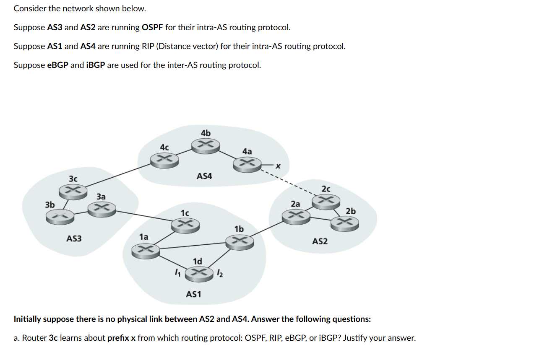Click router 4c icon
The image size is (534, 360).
tap(164, 159)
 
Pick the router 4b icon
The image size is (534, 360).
tap(206, 145)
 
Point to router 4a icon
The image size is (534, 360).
tap(247, 163)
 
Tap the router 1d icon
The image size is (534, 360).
tap(198, 273)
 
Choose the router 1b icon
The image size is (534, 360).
tap(239, 241)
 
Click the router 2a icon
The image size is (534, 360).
tap(296, 215)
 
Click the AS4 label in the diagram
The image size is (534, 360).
tap(204, 176)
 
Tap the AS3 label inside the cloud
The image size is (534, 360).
tap(74, 238)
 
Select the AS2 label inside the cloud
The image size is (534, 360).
tap(320, 241)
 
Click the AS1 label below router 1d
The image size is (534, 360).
tap(193, 294)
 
